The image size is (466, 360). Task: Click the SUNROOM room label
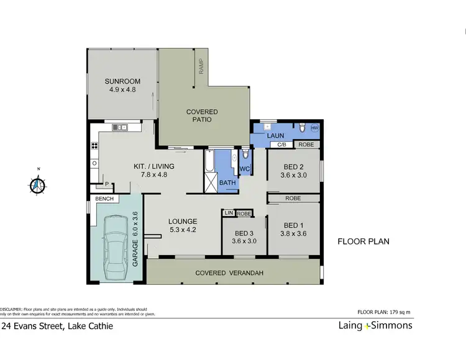click(x=122, y=81)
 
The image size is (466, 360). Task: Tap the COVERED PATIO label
click(x=202, y=115)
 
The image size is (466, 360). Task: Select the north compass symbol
click(x=39, y=184)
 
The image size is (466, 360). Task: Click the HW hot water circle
click(x=314, y=128)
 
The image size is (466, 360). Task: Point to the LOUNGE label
click(x=182, y=221)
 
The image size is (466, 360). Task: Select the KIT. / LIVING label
click(x=154, y=166)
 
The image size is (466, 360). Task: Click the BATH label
click(x=227, y=183)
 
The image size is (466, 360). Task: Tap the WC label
click(x=244, y=169)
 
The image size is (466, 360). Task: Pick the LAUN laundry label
click(x=275, y=135)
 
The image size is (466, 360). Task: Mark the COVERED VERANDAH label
click(x=229, y=273)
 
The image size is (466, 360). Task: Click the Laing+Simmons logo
click(x=375, y=325)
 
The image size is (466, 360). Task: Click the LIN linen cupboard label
click(x=228, y=213)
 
